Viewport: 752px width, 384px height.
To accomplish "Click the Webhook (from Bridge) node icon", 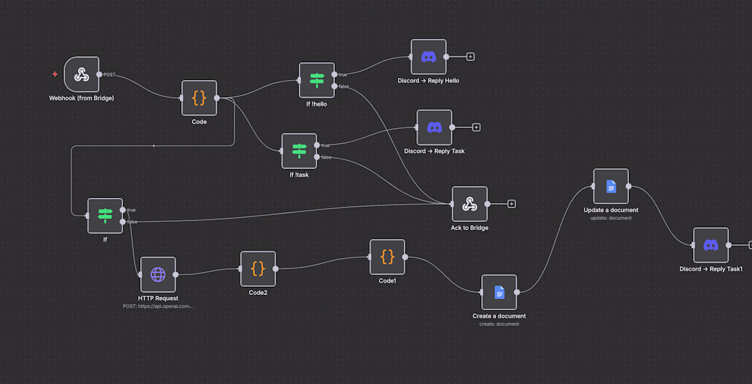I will pos(81,74).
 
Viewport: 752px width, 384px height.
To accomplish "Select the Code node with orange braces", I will pos(199,98).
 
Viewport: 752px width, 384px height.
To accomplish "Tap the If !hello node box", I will pos(317,80).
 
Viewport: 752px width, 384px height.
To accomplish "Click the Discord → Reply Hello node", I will pos(429,57).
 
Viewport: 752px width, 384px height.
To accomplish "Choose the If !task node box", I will pos(299,151).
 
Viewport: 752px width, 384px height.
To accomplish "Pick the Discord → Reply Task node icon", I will pos(435,127).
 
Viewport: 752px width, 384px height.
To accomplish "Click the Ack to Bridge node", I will pos(470,204).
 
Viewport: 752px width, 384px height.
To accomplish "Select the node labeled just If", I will pos(105,216).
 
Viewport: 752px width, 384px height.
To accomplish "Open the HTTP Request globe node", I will pos(158,274).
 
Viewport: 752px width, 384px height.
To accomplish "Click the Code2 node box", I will pos(258,268).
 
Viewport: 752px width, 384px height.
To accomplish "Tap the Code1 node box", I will pos(388,257).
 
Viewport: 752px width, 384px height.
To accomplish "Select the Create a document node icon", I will pos(499,292).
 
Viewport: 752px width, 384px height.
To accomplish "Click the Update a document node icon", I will pos(611,186).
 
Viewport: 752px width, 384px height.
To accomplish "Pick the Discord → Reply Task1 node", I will pos(711,245).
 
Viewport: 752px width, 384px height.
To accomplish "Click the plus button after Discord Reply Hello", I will pos(470,57).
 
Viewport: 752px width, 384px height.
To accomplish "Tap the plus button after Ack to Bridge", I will pos(511,204).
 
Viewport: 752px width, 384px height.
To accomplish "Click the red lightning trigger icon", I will pos(55,74).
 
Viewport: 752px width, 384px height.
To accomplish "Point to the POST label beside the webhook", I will pos(109,75).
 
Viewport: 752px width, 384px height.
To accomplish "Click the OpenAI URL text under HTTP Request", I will pos(158,307).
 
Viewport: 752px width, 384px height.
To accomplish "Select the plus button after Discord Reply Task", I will pos(476,127).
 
